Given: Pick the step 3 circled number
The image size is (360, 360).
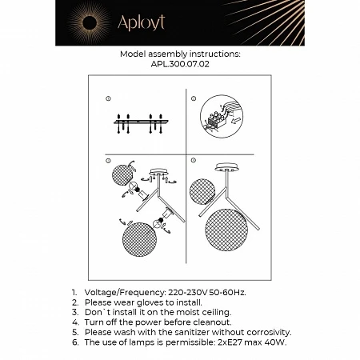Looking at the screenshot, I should tap(108, 161).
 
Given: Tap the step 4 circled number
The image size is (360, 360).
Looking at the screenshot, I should tap(194, 161).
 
